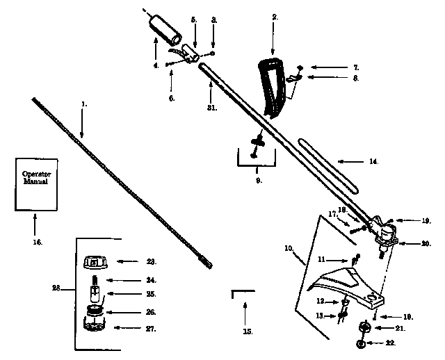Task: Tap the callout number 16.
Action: coord(37,242)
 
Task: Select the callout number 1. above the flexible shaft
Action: coord(84,104)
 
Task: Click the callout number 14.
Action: coord(373,162)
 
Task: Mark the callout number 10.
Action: coord(289,247)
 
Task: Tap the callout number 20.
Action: coord(426,243)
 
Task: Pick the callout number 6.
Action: coord(171,99)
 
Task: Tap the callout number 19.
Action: coord(426,220)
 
